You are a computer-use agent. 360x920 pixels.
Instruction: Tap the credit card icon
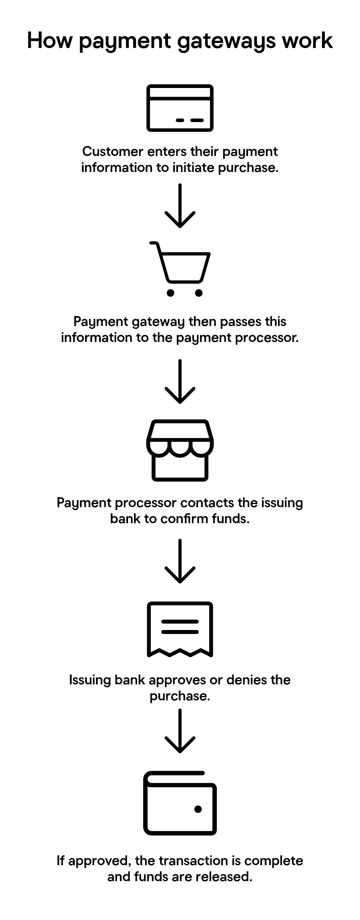pyautogui.click(x=180, y=108)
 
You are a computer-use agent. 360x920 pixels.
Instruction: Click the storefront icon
pyautogui.click(x=180, y=450)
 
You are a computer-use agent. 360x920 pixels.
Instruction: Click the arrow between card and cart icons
pyautogui.click(x=180, y=206)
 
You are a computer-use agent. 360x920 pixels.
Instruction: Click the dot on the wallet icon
pyautogui.click(x=198, y=809)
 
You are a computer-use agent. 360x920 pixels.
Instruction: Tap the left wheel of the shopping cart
pyautogui.click(x=170, y=293)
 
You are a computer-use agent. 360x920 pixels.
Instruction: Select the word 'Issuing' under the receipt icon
pyautogui.click(x=90, y=680)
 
